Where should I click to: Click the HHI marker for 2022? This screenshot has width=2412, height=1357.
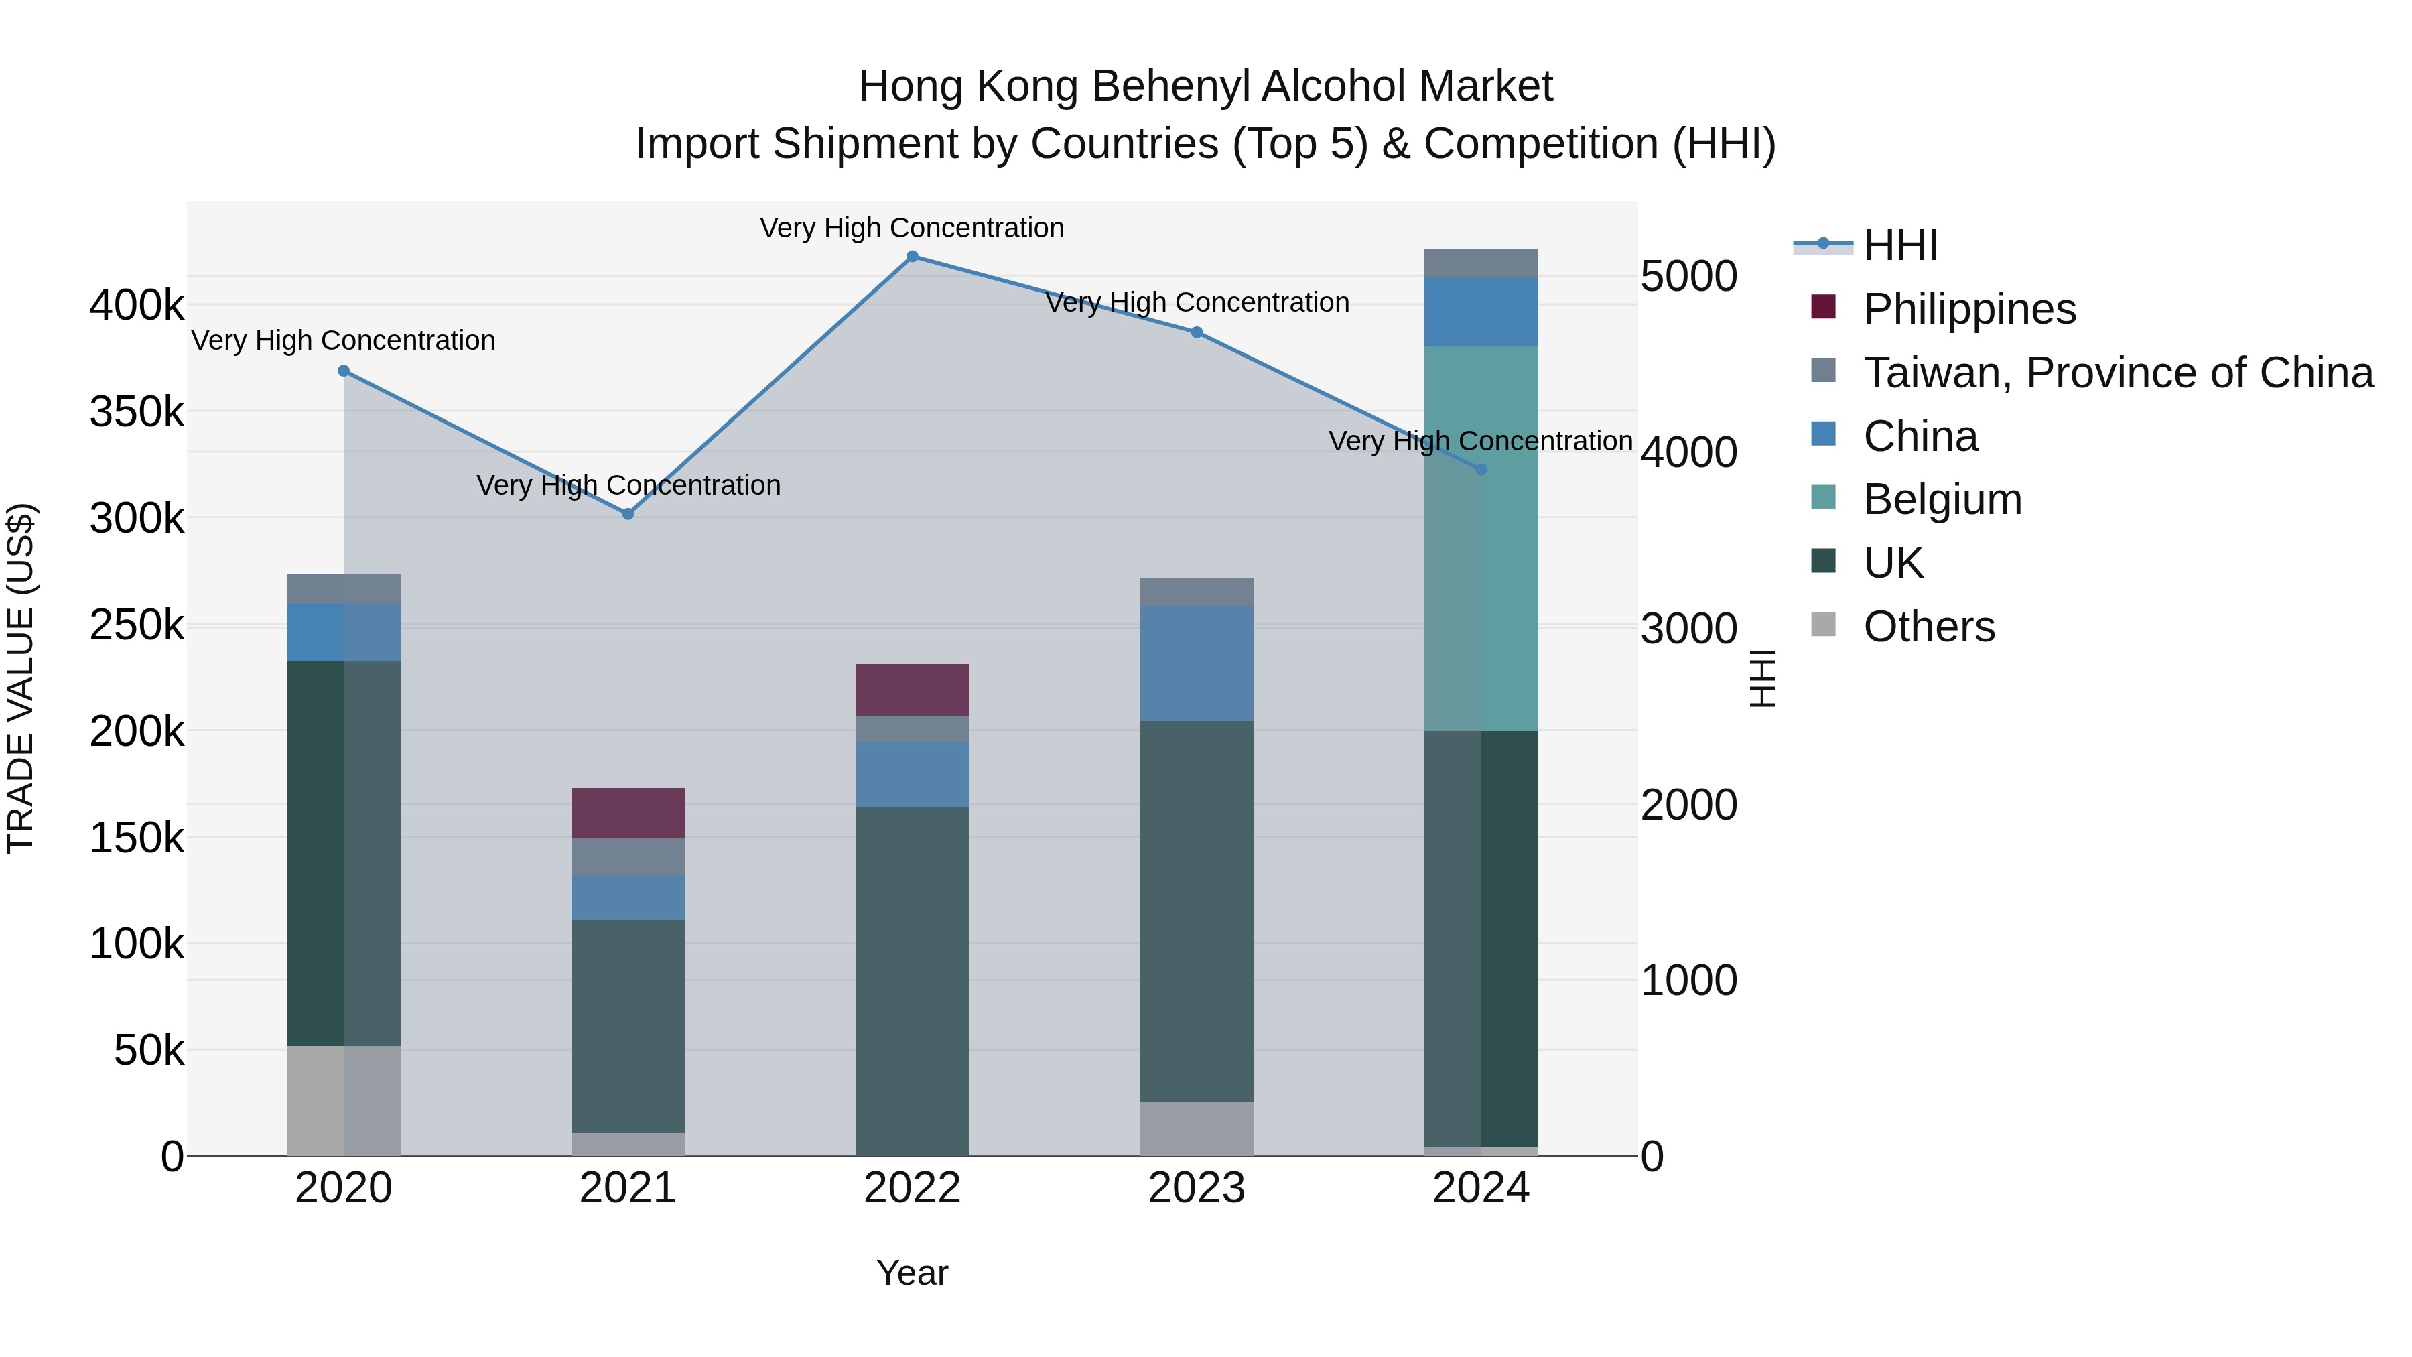(912, 257)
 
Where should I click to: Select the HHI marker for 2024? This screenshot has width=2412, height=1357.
(1480, 469)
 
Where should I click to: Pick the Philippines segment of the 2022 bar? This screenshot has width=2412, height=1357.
(912, 690)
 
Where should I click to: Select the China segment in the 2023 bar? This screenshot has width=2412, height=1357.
(1196, 663)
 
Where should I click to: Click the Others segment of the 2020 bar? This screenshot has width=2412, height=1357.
(342, 1100)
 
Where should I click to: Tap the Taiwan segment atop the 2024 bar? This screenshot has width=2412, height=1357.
(1480, 263)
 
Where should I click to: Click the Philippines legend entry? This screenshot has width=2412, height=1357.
(1969, 309)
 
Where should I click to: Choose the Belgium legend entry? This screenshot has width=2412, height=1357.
(1942, 499)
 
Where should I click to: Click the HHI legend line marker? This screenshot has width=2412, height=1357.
(1823, 245)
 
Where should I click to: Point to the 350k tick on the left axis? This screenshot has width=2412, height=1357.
(137, 412)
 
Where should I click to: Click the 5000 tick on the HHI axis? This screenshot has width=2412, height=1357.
(1688, 277)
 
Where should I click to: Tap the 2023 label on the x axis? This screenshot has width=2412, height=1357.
(1196, 1188)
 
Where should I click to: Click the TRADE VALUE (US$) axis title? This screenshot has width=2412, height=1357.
(21, 678)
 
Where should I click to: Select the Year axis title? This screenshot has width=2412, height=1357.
(912, 1273)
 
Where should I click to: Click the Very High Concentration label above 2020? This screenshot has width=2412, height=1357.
(342, 341)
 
